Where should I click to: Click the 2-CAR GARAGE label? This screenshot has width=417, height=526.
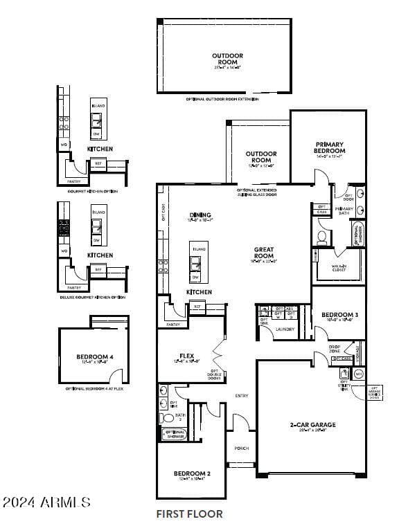point(312,425)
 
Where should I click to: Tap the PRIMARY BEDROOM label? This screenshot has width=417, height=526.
point(330,147)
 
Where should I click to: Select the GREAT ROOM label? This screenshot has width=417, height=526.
point(263,253)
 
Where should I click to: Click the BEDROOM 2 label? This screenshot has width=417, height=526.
point(191,473)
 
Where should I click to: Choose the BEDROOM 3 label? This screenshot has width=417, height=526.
point(339,315)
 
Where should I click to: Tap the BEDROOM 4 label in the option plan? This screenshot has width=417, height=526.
point(94,357)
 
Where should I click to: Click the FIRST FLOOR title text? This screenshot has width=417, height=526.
point(189,514)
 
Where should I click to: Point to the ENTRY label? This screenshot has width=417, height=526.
point(241,396)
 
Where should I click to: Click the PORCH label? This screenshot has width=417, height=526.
point(241,448)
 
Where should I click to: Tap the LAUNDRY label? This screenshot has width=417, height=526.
point(285,329)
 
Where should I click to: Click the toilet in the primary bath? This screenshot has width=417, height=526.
point(321,237)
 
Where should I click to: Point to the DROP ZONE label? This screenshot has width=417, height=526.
point(334,348)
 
